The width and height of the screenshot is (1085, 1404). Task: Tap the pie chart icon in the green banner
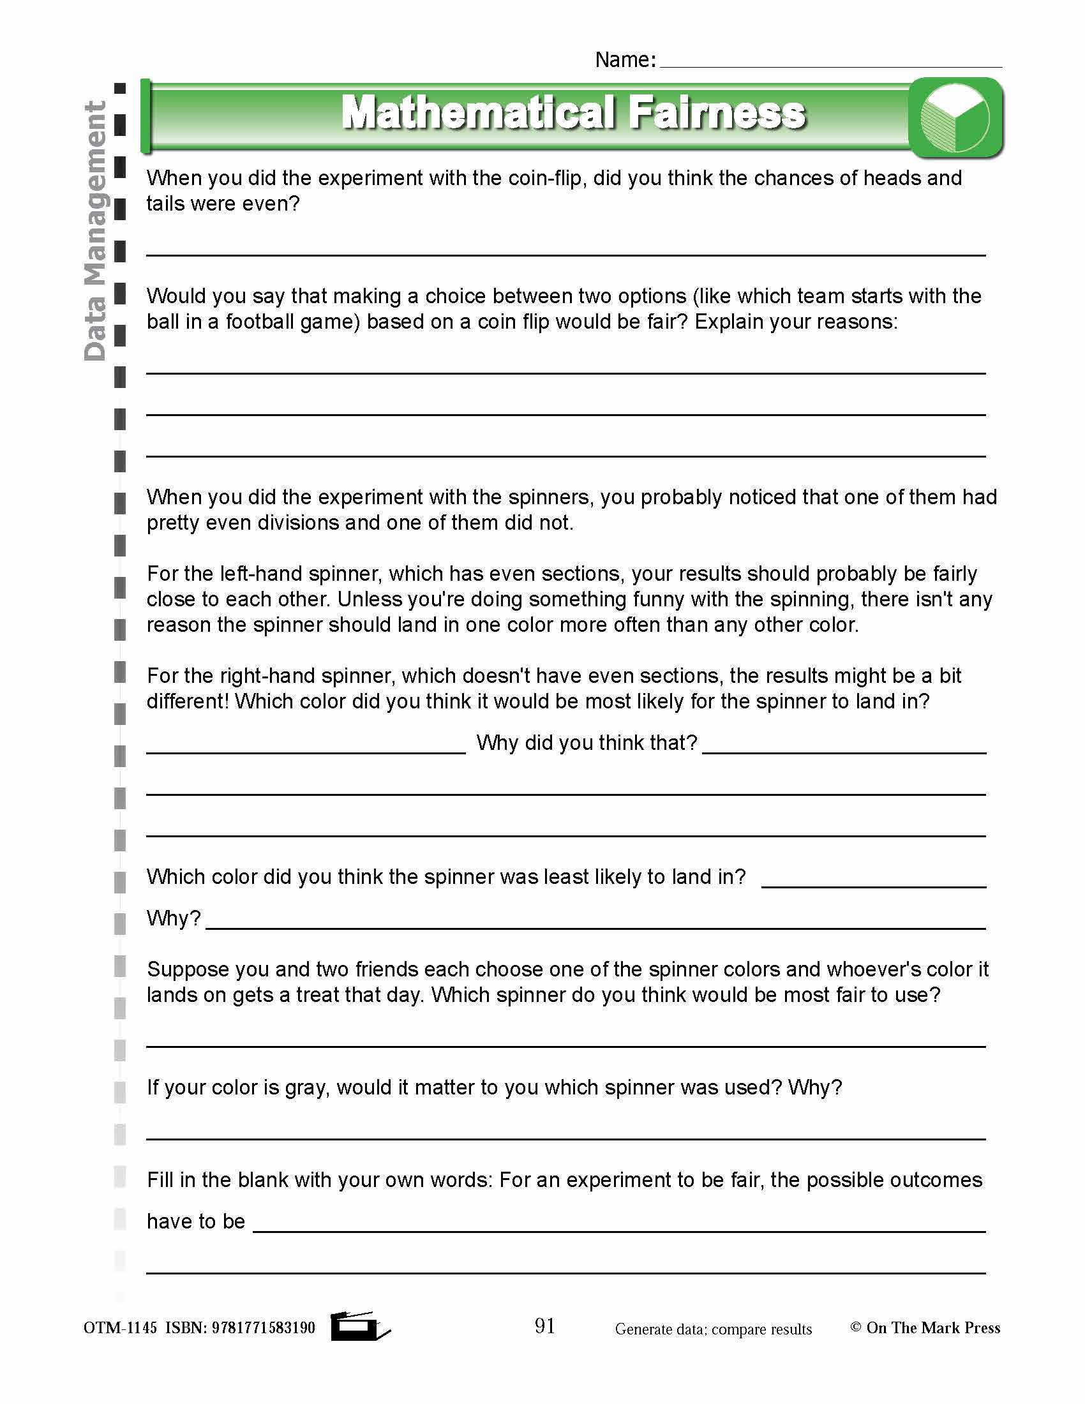tap(955, 117)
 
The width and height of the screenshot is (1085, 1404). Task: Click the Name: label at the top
tap(625, 60)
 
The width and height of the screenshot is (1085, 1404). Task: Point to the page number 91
tap(544, 1326)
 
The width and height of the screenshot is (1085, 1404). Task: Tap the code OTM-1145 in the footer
tap(120, 1327)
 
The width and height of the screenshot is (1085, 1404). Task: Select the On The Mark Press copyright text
tap(925, 1327)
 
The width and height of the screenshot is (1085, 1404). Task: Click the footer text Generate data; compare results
tap(713, 1329)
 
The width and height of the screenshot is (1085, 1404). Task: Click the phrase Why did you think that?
tap(586, 743)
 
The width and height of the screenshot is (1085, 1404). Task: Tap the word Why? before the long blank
tap(174, 918)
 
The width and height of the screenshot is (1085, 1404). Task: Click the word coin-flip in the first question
tap(545, 178)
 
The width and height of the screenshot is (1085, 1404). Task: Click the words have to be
tap(195, 1221)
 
